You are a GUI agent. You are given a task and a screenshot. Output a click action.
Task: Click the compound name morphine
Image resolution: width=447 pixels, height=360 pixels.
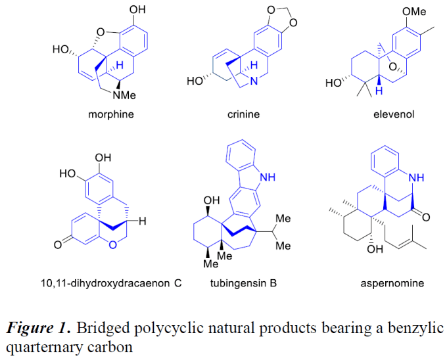pos(111,114)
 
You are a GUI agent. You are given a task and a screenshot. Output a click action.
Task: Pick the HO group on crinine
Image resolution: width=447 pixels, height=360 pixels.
pos(194,81)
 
